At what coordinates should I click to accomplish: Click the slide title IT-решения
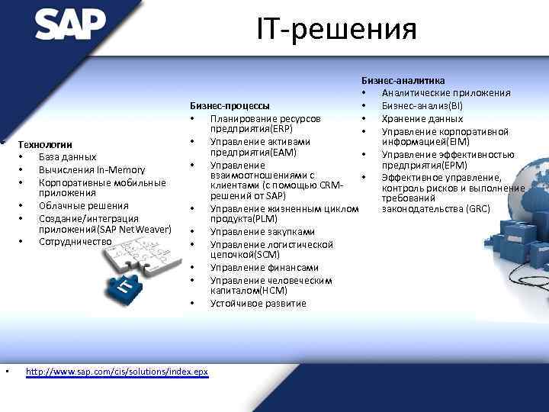(x=335, y=30)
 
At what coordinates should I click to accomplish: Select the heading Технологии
(x=45, y=144)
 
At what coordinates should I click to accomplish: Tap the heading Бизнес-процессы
(x=229, y=105)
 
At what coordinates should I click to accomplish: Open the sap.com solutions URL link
(x=117, y=372)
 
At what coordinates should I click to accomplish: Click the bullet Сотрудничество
(x=75, y=242)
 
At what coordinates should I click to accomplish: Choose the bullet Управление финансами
(x=254, y=268)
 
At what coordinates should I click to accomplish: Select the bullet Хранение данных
(x=422, y=119)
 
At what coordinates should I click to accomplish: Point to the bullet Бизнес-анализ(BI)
(x=422, y=106)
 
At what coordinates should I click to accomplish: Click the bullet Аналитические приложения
(x=446, y=93)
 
